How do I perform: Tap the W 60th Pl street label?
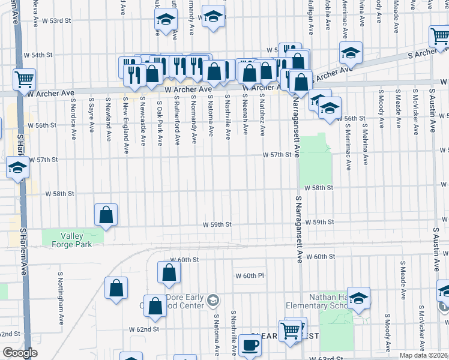(x=250, y=275)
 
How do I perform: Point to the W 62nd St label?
(x=143, y=329)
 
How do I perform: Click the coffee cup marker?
(x=250, y=346)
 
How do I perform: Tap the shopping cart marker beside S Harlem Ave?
(x=25, y=79)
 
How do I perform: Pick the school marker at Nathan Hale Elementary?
(x=358, y=298)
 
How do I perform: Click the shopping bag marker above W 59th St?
(x=106, y=215)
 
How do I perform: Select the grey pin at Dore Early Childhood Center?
(x=212, y=299)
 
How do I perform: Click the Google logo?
(x=20, y=353)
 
